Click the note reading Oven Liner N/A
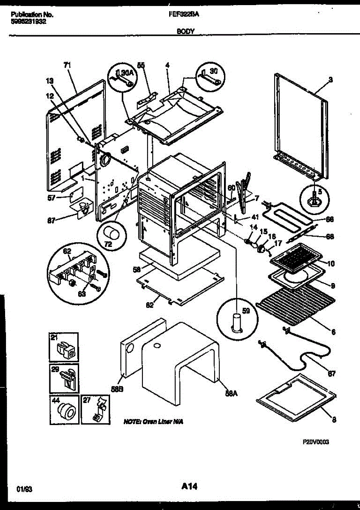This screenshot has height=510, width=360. [x=154, y=422]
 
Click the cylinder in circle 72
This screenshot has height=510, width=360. [x=112, y=234]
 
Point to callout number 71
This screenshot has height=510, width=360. [x=67, y=65]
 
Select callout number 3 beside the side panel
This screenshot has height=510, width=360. [x=331, y=79]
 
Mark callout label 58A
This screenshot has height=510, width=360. [x=231, y=394]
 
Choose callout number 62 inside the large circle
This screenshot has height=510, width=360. [x=67, y=252]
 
